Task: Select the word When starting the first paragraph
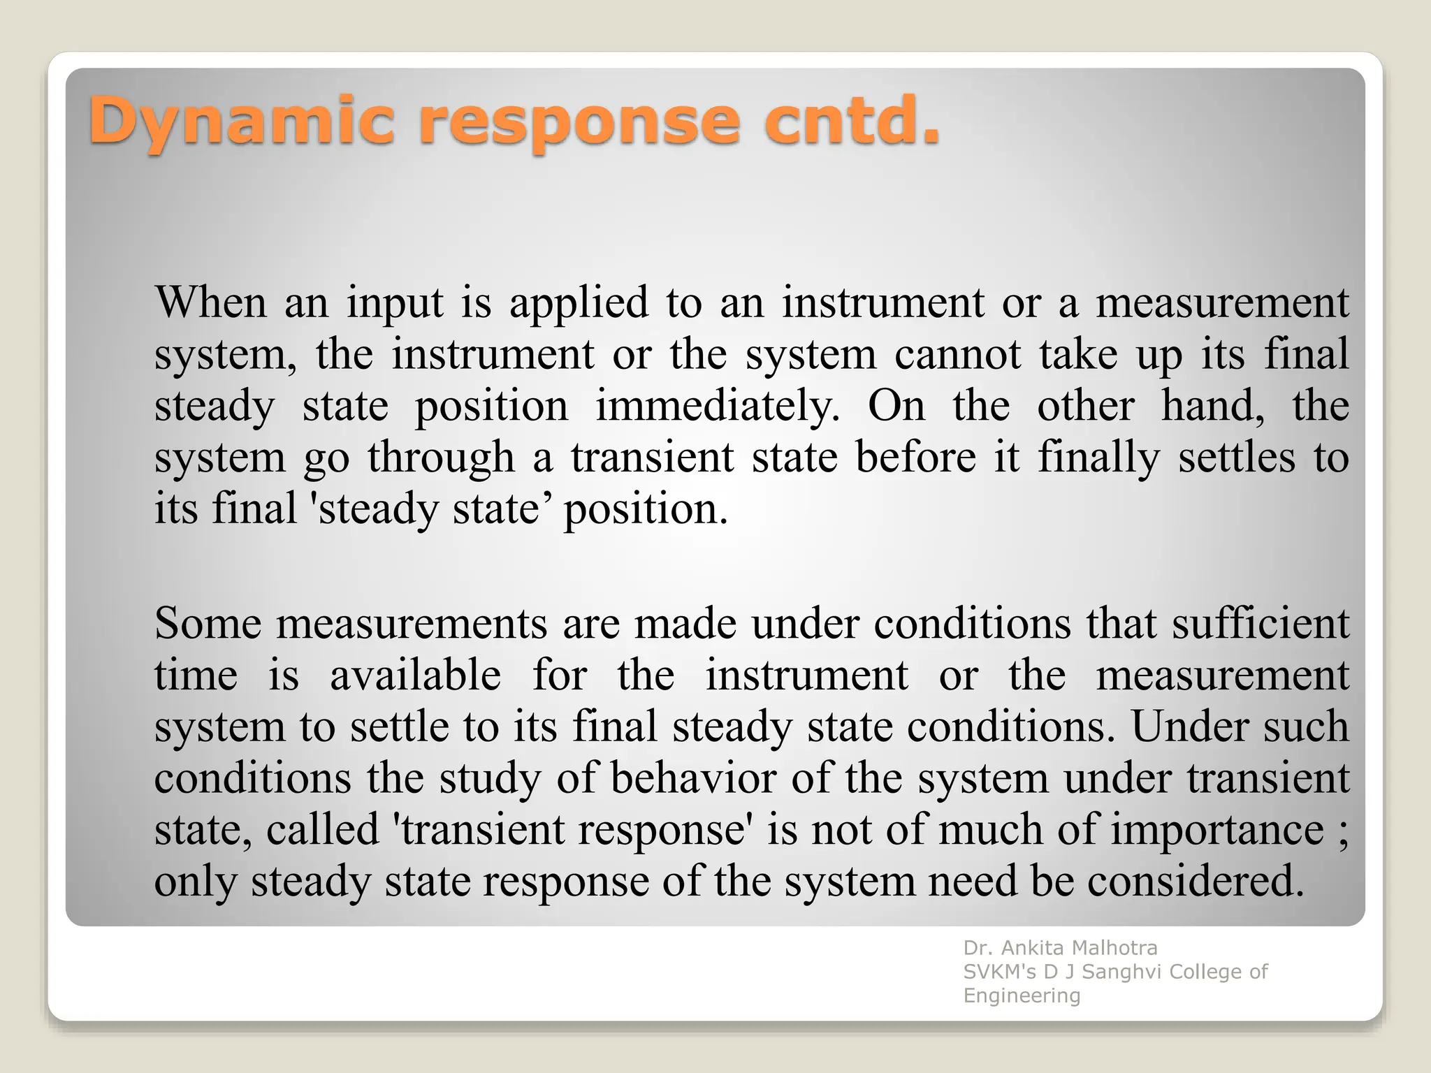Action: point(210,303)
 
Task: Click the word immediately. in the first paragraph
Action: point(718,407)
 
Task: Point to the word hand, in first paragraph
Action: point(1212,407)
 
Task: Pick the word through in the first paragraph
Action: point(441,458)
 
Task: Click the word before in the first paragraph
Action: point(915,458)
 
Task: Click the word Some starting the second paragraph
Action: point(208,623)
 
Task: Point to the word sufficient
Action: point(1260,623)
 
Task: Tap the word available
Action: point(415,676)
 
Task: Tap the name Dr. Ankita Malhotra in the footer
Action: point(1060,948)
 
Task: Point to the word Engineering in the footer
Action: point(1022,996)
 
